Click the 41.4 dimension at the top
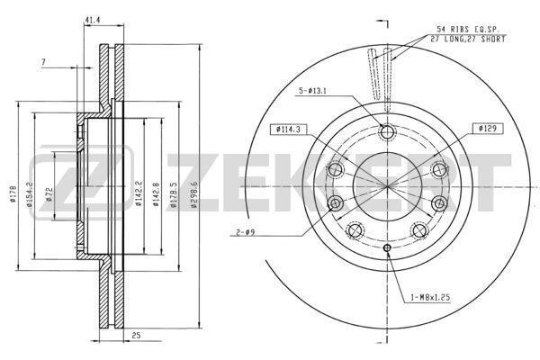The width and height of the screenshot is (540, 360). (x=91, y=19)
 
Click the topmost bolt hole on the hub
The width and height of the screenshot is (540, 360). (x=388, y=133)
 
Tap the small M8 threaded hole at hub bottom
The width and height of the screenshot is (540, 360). (x=388, y=248)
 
